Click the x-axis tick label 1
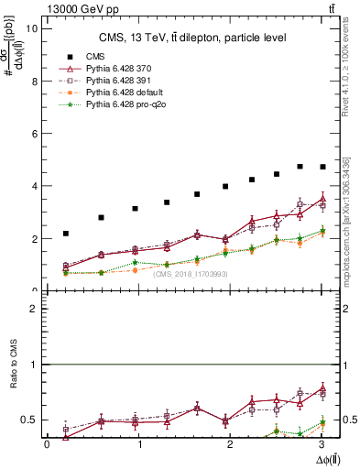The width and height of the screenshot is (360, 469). [139, 445]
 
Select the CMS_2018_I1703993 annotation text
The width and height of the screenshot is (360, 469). [190, 274]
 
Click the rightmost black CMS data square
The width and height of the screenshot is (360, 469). [322, 167]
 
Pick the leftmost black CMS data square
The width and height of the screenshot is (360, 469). [66, 234]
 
